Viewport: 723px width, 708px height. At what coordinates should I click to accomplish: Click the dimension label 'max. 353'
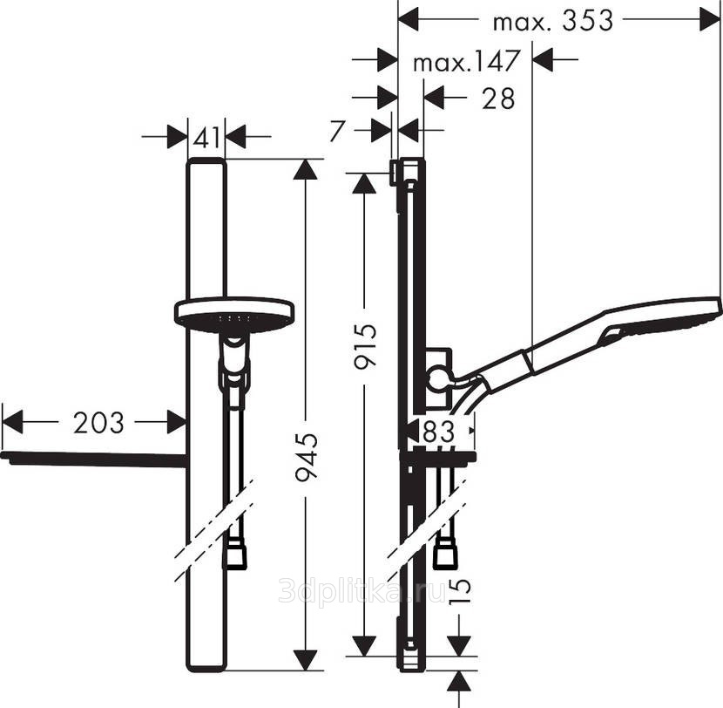point(553,21)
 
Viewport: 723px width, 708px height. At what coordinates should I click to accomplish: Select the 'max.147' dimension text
point(467,61)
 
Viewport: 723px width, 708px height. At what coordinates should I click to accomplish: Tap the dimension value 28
point(498,99)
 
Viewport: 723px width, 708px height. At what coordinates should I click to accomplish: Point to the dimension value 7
point(337,131)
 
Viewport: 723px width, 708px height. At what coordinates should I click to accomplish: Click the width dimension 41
point(207,137)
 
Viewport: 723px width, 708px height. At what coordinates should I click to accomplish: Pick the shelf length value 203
point(98,422)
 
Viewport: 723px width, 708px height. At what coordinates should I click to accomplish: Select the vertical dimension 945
point(307,458)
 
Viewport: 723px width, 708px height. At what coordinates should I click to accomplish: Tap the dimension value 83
point(438,432)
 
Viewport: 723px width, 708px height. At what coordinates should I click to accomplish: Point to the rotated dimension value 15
point(460,591)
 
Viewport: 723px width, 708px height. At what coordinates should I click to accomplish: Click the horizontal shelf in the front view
point(95,460)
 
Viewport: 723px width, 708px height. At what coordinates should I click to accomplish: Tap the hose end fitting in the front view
point(234,555)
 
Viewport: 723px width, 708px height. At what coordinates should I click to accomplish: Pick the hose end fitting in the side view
point(445,551)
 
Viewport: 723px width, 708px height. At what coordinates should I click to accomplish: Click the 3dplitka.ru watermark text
point(362,589)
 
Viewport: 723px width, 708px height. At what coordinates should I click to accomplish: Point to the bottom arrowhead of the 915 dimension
point(364,645)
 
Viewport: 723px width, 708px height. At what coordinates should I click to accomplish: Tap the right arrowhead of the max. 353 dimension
point(710,20)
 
